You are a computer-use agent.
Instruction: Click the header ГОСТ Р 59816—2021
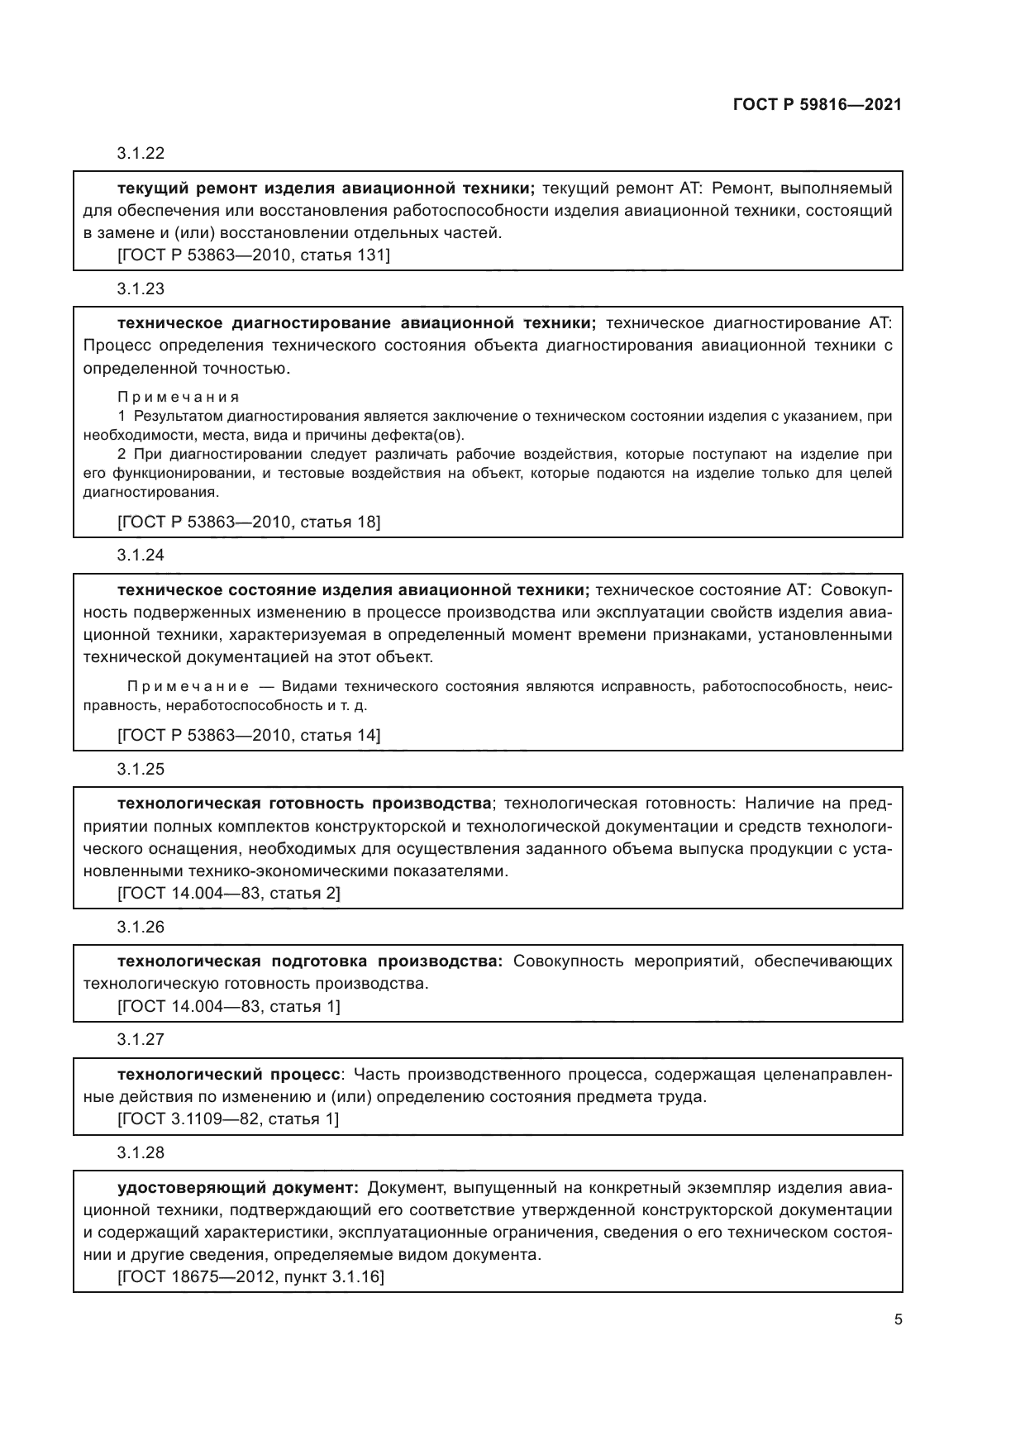(x=817, y=105)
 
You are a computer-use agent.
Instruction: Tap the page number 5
(x=898, y=1319)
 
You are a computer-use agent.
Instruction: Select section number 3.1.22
(x=141, y=153)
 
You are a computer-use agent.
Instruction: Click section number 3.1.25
(x=141, y=769)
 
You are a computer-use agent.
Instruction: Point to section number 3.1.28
(x=141, y=1152)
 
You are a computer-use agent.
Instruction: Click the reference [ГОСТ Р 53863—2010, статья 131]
(x=254, y=255)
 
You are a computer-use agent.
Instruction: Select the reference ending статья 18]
(x=249, y=522)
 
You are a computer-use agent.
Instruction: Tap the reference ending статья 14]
(x=249, y=735)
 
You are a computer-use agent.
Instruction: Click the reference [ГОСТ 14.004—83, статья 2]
(x=229, y=893)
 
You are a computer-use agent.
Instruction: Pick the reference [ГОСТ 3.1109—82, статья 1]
(x=228, y=1119)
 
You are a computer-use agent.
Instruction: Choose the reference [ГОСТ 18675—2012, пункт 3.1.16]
(x=251, y=1276)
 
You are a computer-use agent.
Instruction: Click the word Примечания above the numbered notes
(x=179, y=398)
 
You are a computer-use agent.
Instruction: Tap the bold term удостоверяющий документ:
(x=238, y=1188)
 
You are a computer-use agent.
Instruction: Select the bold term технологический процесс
(x=229, y=1075)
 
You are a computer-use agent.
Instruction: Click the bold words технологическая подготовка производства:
(x=310, y=961)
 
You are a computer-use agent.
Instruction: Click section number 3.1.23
(x=141, y=289)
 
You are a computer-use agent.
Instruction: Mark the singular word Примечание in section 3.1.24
(x=188, y=687)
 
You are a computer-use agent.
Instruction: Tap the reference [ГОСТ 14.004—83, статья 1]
(x=229, y=1006)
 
